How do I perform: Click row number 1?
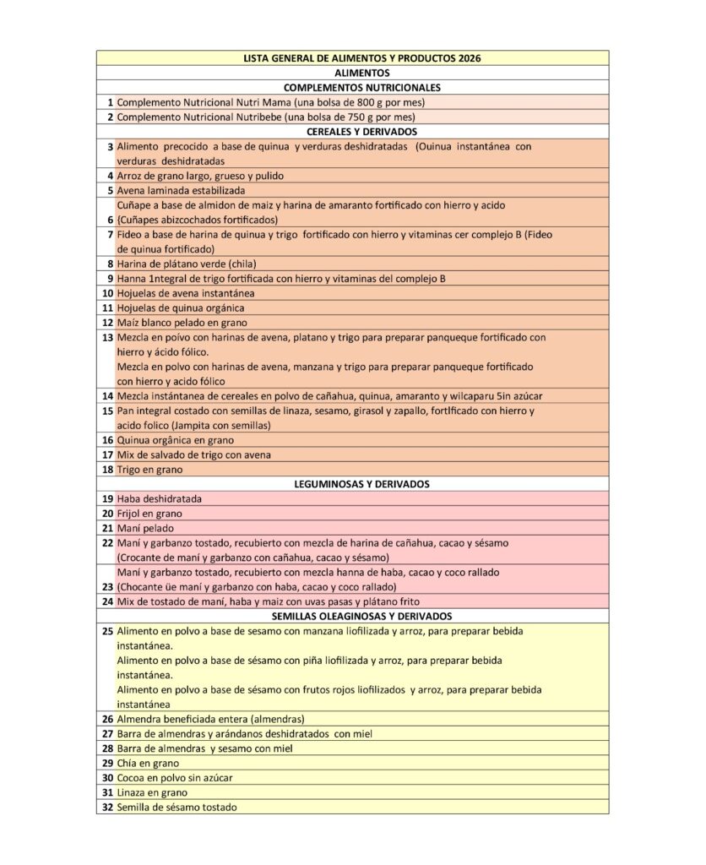point(110,102)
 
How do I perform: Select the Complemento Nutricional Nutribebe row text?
point(265,117)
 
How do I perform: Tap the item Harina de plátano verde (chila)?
point(187,264)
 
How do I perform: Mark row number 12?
point(107,323)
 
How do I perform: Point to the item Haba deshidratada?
point(160,498)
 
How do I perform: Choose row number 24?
point(107,601)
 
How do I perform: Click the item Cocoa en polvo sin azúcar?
point(175,777)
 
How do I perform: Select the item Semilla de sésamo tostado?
point(177,807)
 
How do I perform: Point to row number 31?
point(107,792)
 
